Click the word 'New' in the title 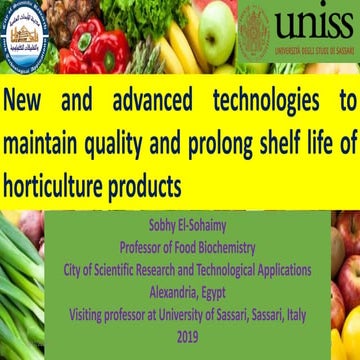click(30, 102)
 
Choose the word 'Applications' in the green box click(279, 270)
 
